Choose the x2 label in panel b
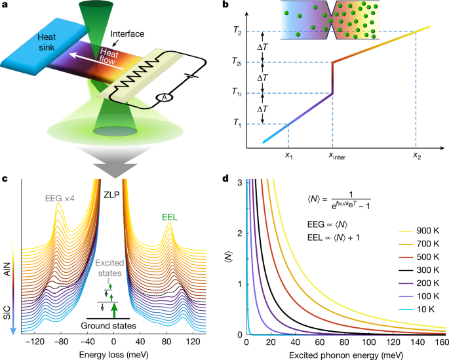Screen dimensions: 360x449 416,156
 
